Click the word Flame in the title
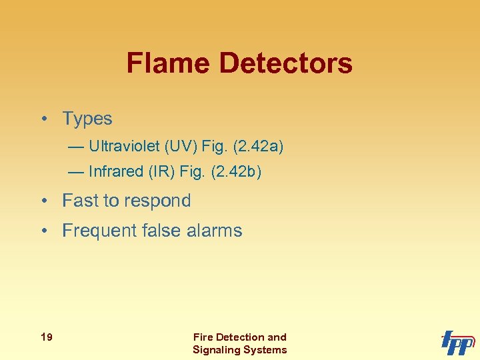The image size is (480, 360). coord(169,63)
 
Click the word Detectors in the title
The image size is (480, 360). coord(285,63)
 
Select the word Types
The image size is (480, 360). coord(87,119)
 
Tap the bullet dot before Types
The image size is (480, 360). coord(43,119)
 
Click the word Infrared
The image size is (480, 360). coord(116,171)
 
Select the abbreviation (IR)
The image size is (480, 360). coord(162,171)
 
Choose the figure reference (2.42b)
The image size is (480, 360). coord(235,171)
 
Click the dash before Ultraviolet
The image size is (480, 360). coord(76,146)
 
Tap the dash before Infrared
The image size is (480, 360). coord(76,171)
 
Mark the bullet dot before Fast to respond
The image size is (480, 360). coord(43,201)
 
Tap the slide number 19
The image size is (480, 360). coord(47,337)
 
